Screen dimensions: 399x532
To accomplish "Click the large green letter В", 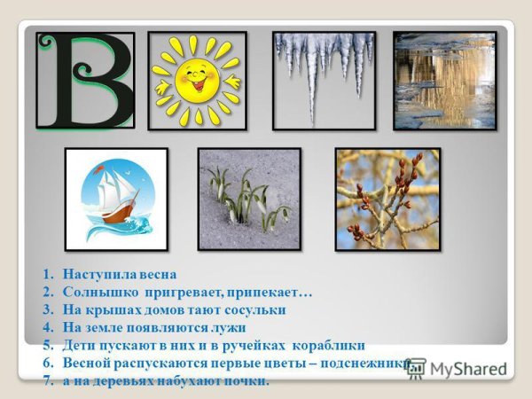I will point(85,81).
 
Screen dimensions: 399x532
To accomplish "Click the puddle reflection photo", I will point(444,80).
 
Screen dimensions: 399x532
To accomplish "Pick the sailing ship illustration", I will point(116,199).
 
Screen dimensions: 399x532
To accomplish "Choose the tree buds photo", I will point(387,199).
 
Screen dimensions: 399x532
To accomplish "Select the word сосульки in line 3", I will point(256,310).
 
